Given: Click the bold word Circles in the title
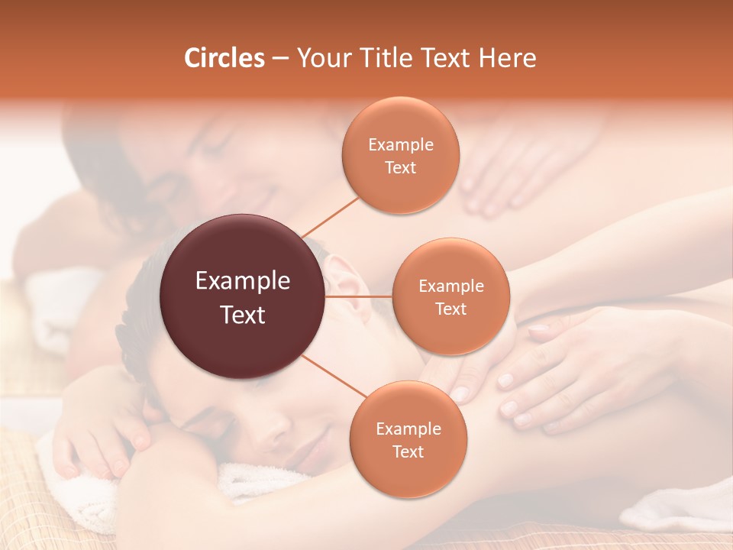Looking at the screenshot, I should tap(224, 58).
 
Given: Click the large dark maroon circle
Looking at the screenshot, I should tap(243, 296).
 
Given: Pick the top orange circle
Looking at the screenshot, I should tap(400, 156).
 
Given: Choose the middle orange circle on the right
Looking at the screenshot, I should tap(450, 297).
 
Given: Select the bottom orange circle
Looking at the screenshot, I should tap(408, 439).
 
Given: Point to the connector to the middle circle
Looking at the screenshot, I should tap(359, 296).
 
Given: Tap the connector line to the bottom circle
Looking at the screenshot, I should tap(336, 377).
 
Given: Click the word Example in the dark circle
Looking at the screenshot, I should tap(243, 281).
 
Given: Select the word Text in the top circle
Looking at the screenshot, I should tap(400, 167).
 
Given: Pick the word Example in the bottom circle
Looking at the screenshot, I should tap(408, 429).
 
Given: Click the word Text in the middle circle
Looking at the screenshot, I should tap(450, 309).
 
